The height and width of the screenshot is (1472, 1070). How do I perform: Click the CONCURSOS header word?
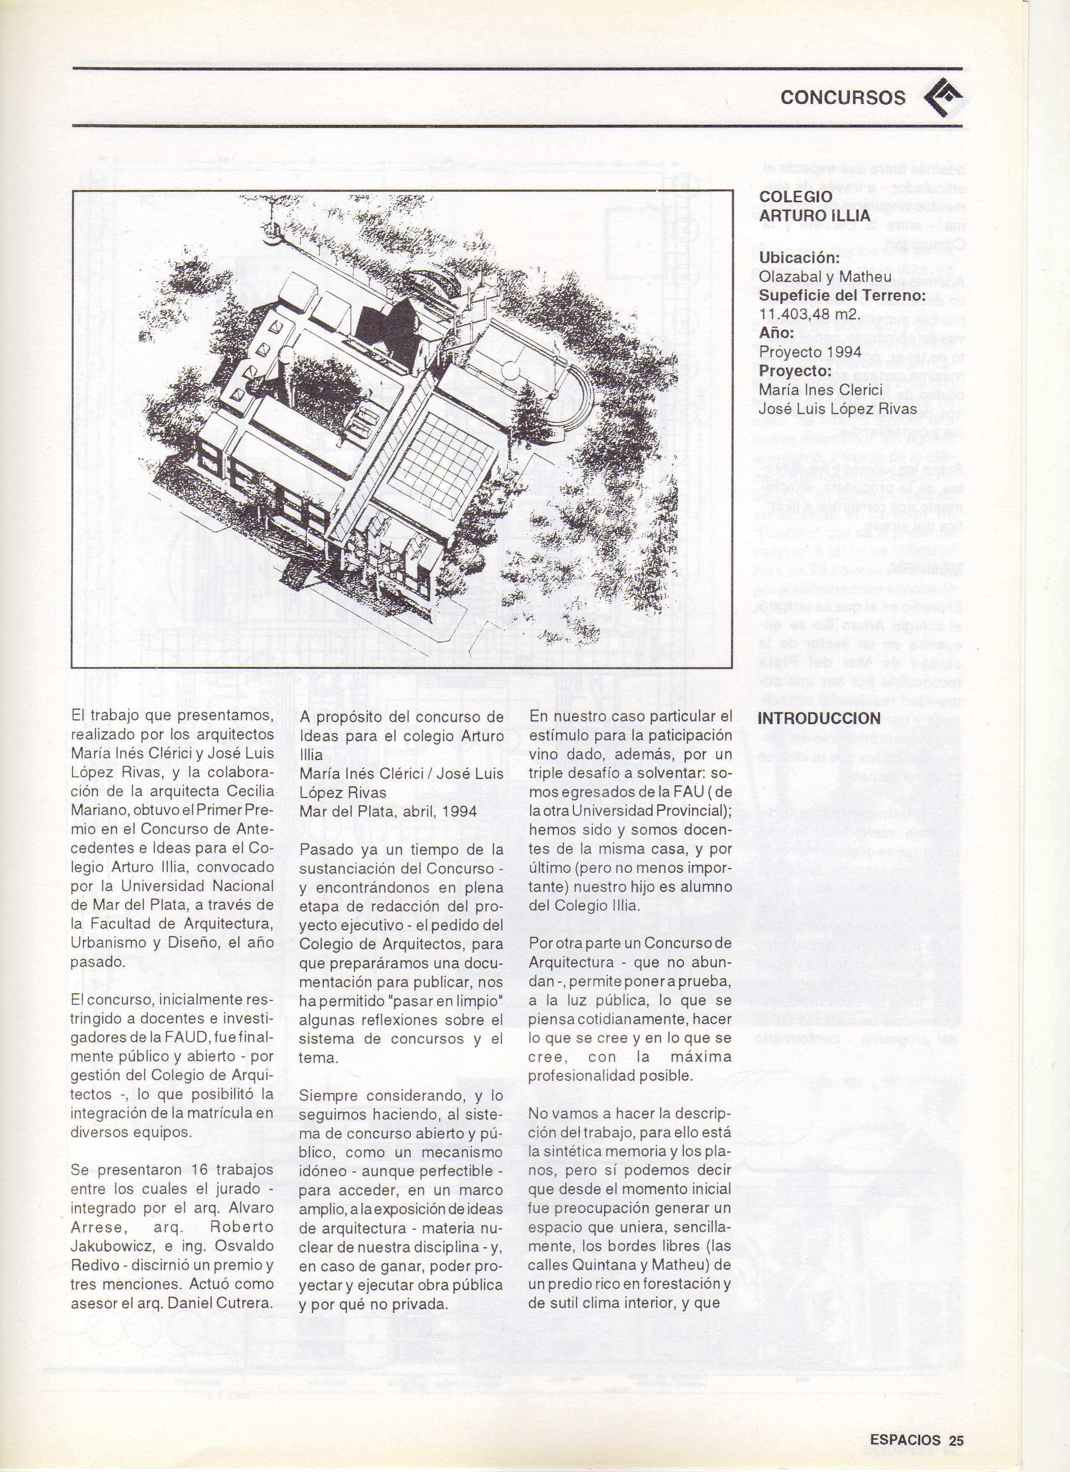[x=842, y=97]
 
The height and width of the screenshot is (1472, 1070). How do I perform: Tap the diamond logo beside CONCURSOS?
[x=943, y=97]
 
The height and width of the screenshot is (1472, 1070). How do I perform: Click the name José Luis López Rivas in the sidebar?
[x=838, y=409]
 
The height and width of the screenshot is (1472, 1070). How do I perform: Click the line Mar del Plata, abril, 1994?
[x=388, y=811]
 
